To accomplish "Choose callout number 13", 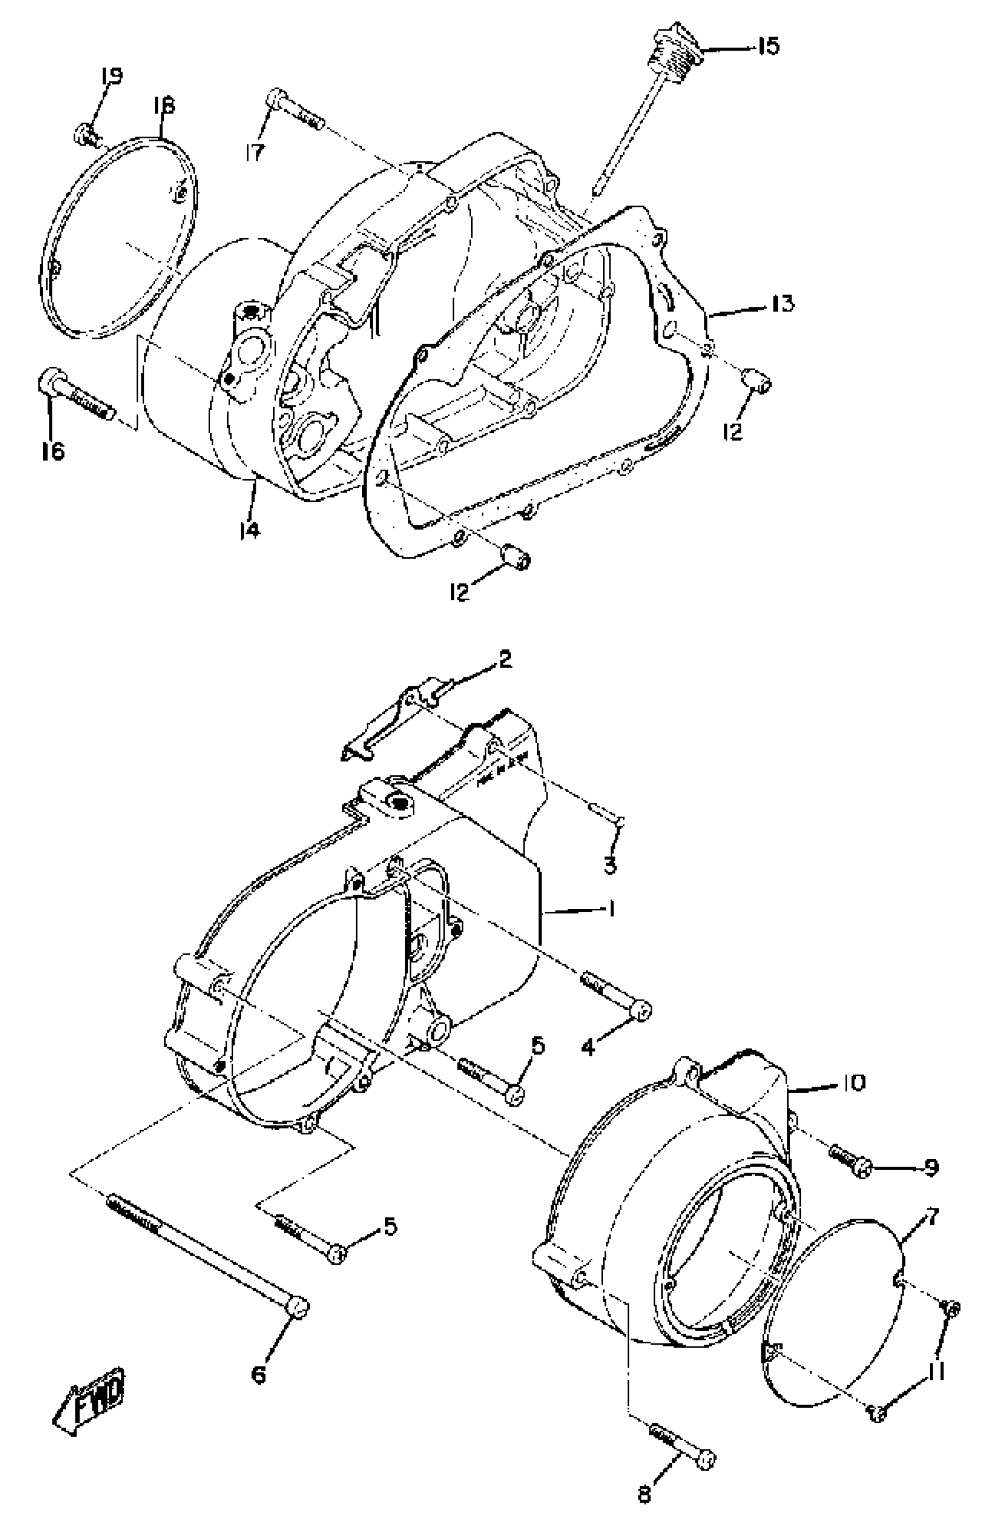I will click(x=781, y=303).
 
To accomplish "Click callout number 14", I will click(x=250, y=529).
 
